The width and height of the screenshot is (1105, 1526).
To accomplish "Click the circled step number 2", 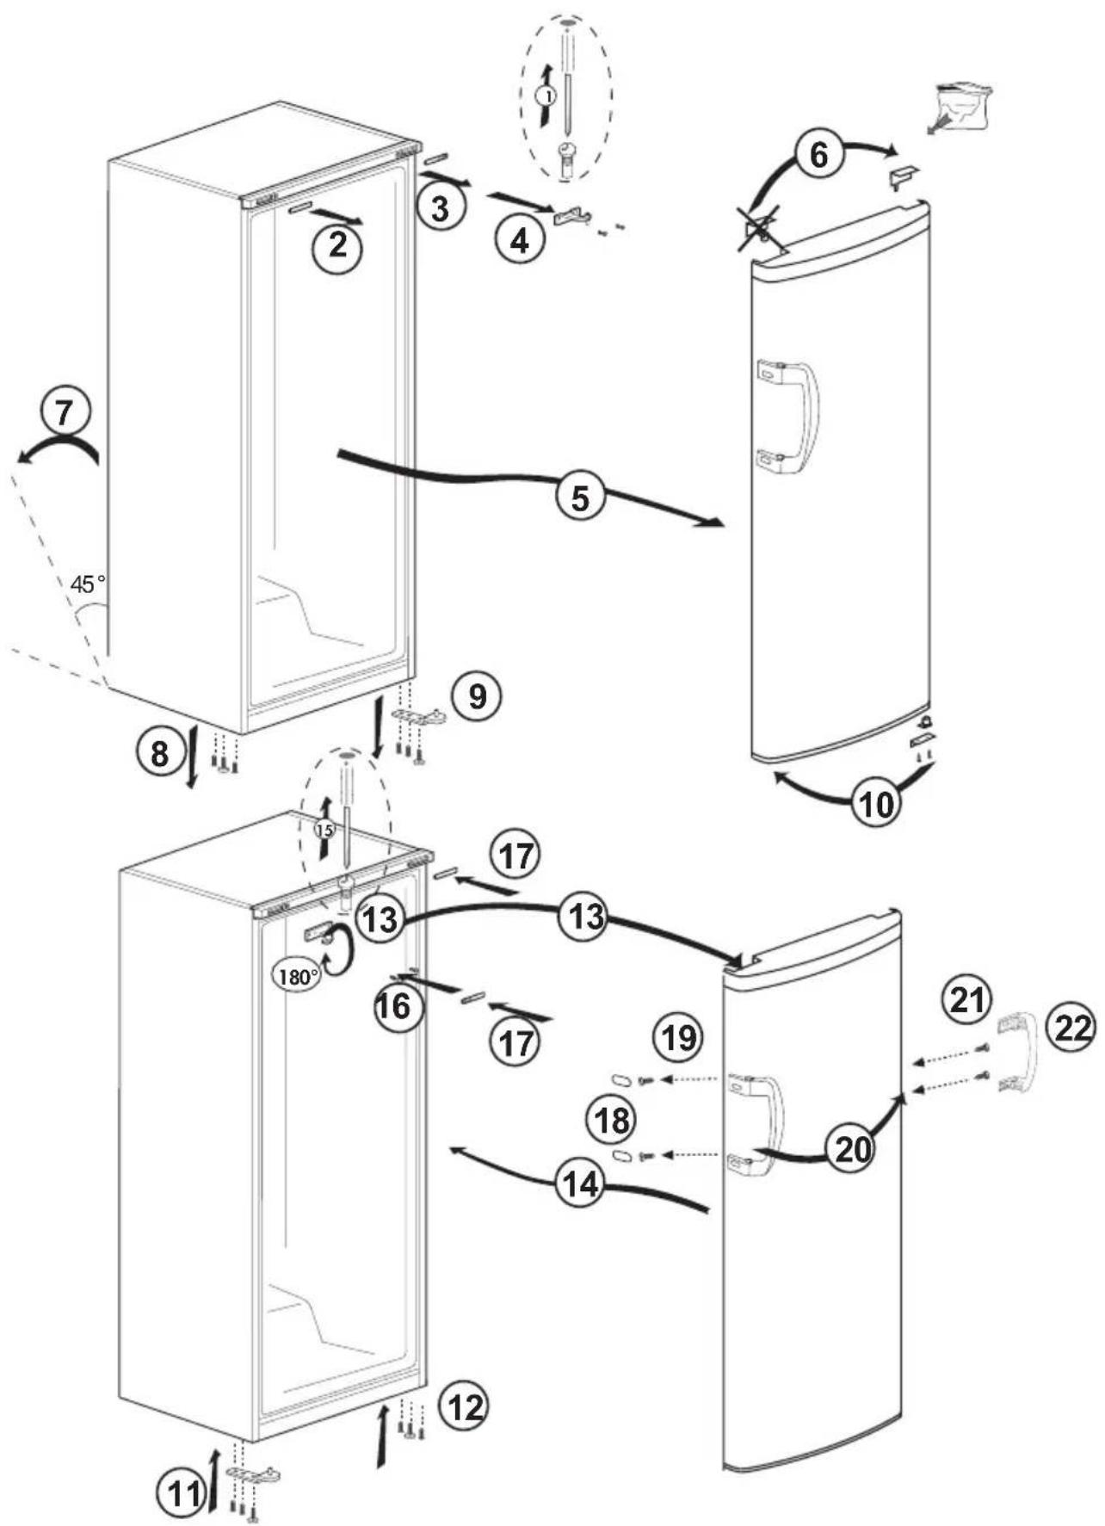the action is (337, 248).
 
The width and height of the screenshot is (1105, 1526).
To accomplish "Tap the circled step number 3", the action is (440, 208).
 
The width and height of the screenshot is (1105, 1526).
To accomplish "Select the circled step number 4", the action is (520, 240).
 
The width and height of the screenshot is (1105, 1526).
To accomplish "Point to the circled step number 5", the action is (581, 497).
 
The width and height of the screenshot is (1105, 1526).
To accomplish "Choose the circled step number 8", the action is (160, 754).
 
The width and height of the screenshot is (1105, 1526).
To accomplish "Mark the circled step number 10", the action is (877, 804).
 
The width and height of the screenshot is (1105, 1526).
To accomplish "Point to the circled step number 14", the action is (580, 1185).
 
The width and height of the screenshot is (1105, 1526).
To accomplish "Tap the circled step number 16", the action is (397, 1005).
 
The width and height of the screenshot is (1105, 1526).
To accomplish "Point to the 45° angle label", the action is (87, 584).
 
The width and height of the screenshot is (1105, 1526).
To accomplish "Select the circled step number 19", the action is (678, 1037).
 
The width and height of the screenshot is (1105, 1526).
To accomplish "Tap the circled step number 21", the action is (967, 1000).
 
